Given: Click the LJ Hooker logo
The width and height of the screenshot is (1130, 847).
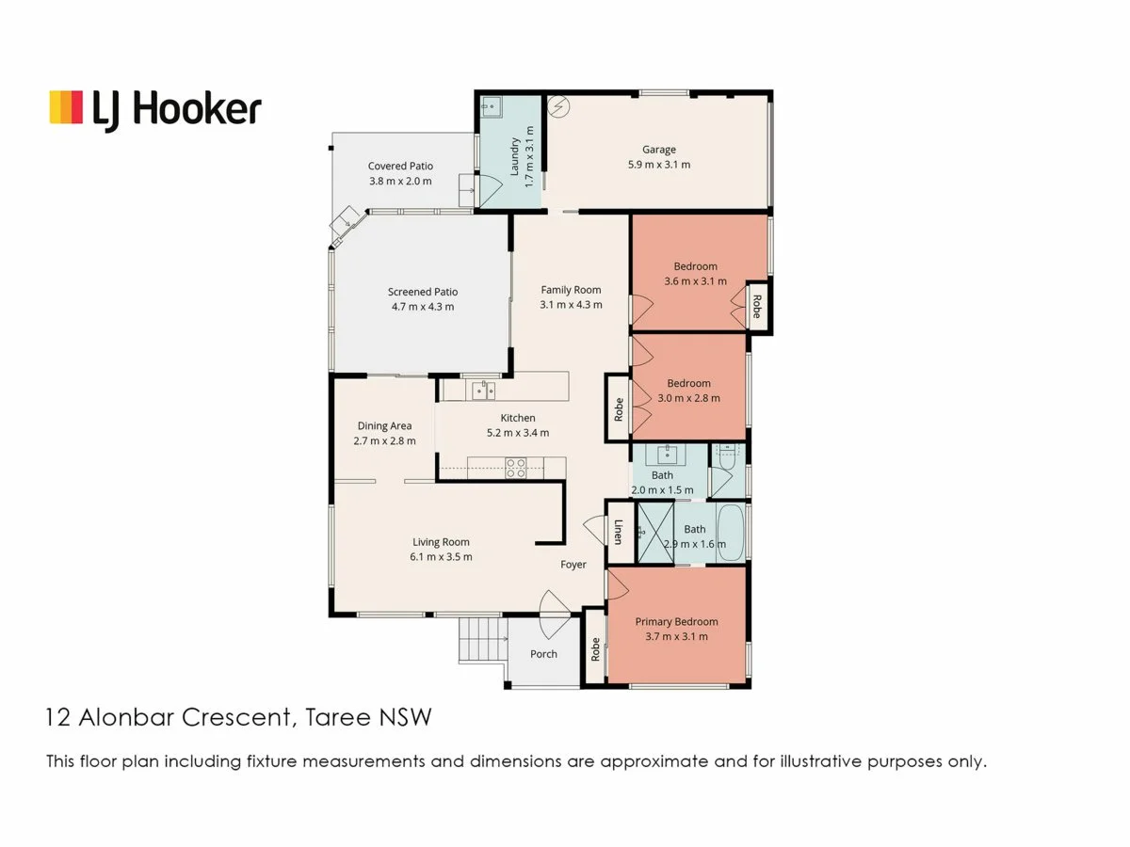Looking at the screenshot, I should (x=155, y=108).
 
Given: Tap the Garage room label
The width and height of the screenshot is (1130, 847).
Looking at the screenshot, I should (x=659, y=150).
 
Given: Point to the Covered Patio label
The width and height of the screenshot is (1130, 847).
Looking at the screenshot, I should (x=400, y=167).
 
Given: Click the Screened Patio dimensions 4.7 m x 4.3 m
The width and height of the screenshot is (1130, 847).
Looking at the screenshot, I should (x=422, y=307).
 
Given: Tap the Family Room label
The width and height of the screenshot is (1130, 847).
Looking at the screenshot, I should (x=571, y=290).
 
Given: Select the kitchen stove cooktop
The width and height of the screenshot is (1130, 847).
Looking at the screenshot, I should (x=515, y=467).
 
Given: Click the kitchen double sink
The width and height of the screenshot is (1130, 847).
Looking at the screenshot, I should (x=483, y=388).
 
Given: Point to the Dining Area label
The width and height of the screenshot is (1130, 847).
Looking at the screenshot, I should (x=384, y=426).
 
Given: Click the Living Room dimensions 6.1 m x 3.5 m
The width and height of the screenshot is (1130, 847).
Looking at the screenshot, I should (x=441, y=557).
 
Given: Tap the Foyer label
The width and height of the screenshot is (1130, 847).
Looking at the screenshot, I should (x=573, y=565).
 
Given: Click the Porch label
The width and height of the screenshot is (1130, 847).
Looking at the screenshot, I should (x=543, y=654).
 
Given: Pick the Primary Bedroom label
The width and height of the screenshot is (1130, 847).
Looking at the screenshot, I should (x=676, y=622).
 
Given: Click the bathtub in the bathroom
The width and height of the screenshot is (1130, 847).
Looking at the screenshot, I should (x=730, y=534).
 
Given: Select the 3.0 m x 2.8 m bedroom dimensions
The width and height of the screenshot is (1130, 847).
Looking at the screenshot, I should (x=688, y=398).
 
